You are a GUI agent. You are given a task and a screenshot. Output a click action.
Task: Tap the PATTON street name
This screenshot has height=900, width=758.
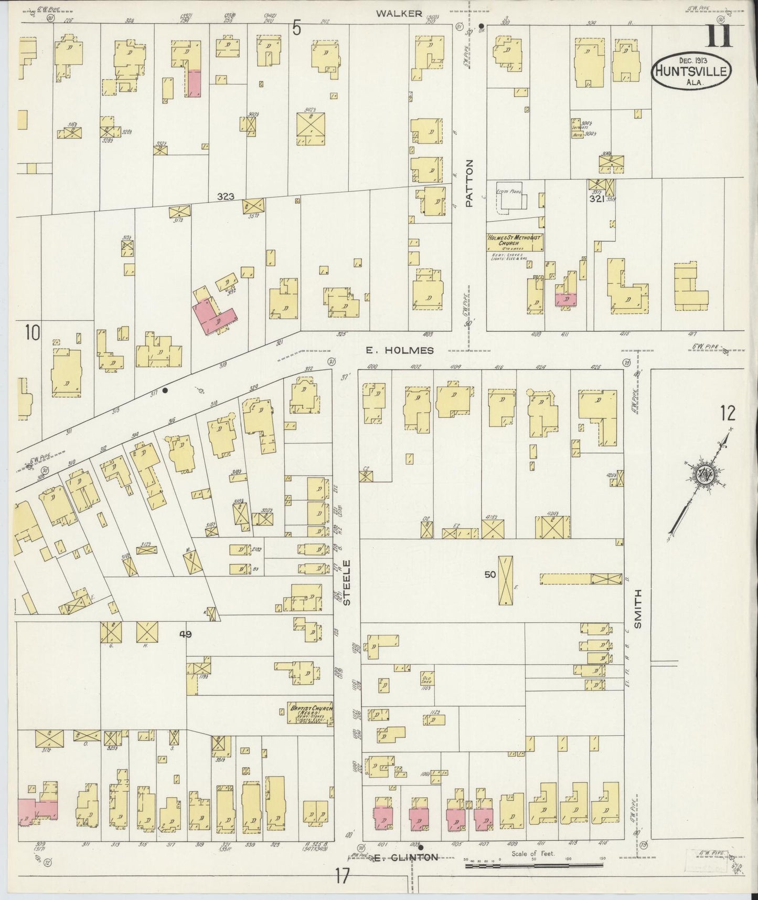[x=469, y=183]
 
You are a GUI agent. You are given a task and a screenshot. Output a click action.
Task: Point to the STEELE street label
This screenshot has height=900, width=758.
[x=346, y=582]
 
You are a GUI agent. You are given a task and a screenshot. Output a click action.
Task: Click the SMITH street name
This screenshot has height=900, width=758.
[x=638, y=609]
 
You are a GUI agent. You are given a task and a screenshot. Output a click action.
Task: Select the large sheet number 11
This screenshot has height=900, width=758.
[x=720, y=37]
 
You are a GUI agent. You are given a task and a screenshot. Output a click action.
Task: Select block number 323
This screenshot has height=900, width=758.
[x=226, y=197]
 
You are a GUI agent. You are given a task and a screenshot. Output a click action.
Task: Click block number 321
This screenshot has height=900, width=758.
[x=595, y=199]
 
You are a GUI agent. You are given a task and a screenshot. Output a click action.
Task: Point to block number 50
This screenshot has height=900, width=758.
[x=490, y=574]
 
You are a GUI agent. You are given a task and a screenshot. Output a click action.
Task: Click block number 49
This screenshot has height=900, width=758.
[x=185, y=634]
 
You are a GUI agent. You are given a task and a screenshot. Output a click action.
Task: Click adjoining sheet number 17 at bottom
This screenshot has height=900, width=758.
[x=341, y=877]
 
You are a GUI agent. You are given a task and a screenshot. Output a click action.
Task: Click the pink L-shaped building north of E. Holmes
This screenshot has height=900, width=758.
[x=215, y=315]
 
